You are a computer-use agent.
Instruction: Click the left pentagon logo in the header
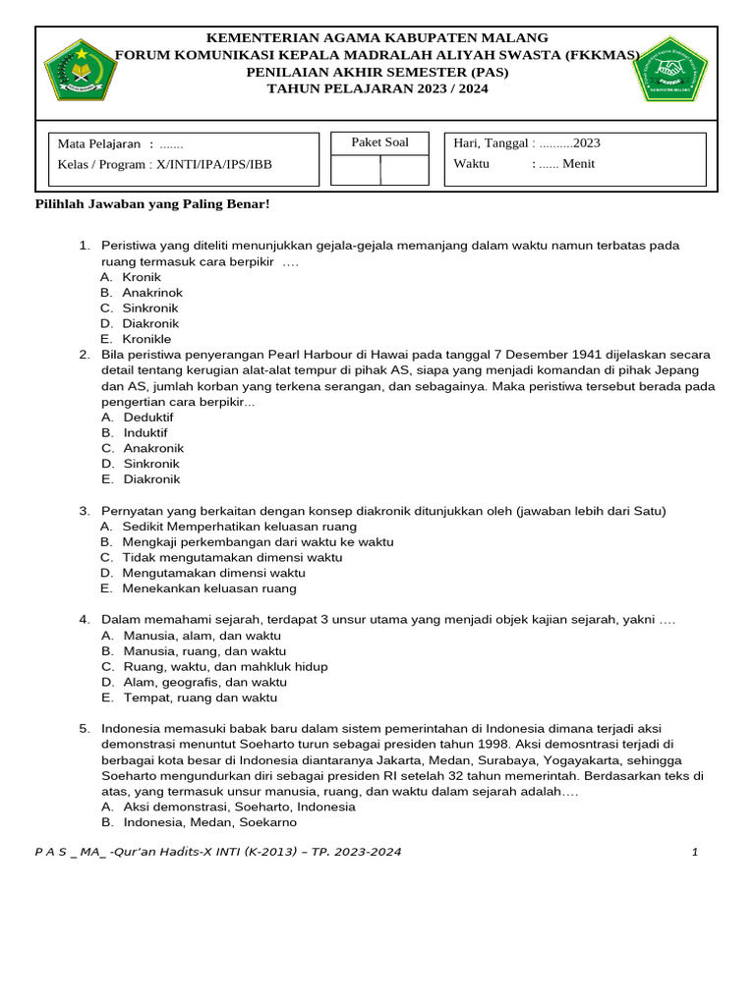point(80,73)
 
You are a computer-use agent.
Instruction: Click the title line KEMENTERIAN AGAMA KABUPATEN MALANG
point(377,37)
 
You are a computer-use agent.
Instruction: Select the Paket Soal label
point(379,142)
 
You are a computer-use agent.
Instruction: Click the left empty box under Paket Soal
point(355,170)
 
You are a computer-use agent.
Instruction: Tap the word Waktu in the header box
point(471,164)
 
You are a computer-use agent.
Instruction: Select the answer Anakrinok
point(151,293)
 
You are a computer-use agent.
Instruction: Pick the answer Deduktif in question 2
point(147,417)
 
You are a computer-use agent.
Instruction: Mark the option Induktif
point(145,432)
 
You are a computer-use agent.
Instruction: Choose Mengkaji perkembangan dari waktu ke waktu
point(258,541)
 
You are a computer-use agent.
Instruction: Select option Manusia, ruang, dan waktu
point(204,650)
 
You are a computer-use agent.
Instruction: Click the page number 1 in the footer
point(694,852)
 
